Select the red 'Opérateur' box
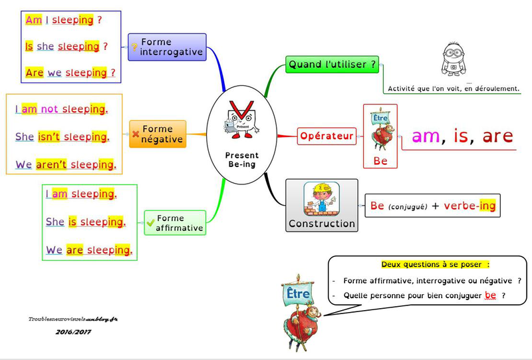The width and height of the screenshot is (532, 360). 325,136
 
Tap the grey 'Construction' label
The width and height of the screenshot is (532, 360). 322,224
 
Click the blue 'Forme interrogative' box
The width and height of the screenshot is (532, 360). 167,47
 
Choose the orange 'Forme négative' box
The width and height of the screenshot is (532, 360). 157,134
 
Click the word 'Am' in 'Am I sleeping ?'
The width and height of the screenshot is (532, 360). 33,20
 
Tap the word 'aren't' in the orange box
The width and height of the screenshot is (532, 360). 52,164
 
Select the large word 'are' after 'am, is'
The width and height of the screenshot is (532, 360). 498,136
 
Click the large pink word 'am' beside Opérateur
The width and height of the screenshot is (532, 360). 426,136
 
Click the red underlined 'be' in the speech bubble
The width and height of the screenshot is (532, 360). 491,295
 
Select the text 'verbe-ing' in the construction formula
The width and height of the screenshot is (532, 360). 469,206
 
